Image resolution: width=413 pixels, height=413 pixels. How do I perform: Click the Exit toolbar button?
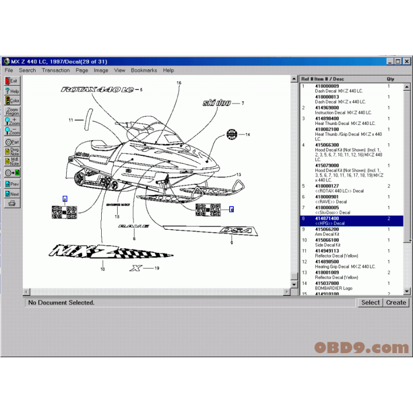11,81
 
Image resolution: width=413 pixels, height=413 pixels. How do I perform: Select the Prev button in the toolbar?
11,184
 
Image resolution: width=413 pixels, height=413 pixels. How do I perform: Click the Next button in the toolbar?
11,194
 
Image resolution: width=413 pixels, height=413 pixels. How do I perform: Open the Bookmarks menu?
144,70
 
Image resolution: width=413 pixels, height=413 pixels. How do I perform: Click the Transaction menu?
56,70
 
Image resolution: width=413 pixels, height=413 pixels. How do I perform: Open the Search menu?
27,70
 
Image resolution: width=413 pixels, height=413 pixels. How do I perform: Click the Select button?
370,303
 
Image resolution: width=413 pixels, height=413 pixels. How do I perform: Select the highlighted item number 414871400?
327,218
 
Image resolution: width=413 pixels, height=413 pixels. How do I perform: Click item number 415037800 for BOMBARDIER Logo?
327,283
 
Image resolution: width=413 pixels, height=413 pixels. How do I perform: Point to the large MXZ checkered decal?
108,251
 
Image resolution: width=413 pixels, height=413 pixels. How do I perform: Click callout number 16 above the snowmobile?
179,83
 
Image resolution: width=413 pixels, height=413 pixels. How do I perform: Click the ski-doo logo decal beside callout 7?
217,103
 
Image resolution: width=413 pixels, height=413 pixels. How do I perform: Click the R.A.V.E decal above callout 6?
134,226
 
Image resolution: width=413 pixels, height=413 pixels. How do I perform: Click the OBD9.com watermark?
361,347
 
